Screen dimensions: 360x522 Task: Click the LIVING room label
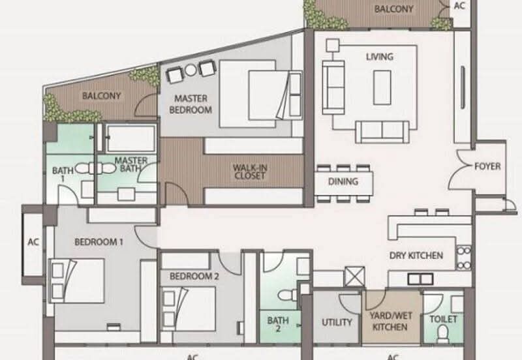tap(379, 57)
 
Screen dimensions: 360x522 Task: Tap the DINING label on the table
tap(343, 181)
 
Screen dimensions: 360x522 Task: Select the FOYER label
tap(487, 166)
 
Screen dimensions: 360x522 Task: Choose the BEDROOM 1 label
tap(99, 242)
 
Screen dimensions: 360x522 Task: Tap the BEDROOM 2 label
tap(194, 276)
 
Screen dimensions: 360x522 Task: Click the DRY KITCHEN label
tap(416, 256)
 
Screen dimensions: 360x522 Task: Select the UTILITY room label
tap(337, 322)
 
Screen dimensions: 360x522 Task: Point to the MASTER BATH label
tap(130, 164)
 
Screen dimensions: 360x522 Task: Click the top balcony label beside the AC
tap(393, 9)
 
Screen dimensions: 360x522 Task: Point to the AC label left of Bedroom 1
tap(33, 242)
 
